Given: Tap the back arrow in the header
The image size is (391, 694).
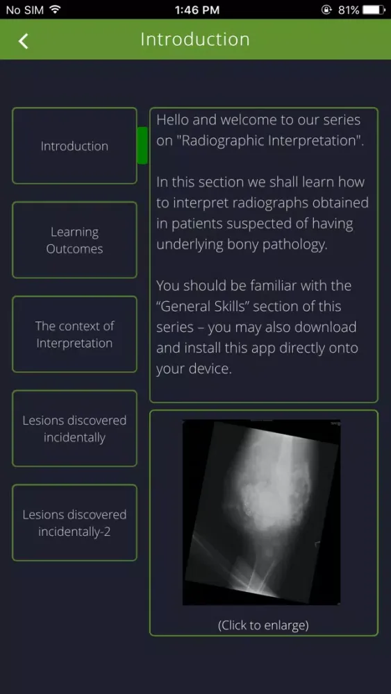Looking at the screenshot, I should (x=24, y=41).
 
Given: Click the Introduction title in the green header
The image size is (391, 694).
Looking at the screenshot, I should (x=195, y=40).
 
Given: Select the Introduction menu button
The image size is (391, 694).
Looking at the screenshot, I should (x=74, y=146).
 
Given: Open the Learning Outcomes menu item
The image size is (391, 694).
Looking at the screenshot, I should (x=74, y=240).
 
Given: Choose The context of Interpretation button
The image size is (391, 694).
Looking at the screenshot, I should (x=74, y=335).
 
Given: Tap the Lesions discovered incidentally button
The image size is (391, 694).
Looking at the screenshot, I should (x=74, y=429).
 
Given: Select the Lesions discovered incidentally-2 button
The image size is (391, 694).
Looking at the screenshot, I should (x=74, y=523).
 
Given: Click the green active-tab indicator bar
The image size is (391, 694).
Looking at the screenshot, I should (x=142, y=146).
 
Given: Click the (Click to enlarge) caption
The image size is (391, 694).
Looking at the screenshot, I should (x=263, y=625).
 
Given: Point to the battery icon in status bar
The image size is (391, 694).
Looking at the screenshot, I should (x=374, y=10).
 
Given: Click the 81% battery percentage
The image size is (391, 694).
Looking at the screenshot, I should (x=349, y=10).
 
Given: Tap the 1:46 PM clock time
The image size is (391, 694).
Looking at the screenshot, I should (x=195, y=10).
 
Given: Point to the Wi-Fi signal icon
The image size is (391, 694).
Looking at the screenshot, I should (x=55, y=10).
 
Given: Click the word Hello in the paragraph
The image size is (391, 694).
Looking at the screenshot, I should (x=173, y=119).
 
